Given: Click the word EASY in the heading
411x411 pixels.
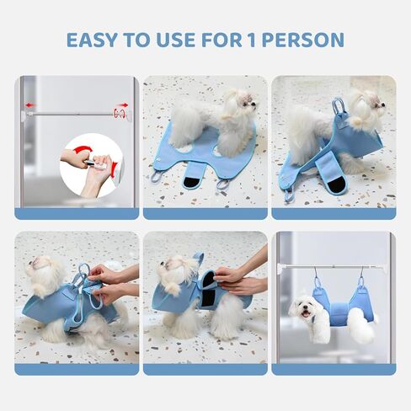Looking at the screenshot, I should point(94,40).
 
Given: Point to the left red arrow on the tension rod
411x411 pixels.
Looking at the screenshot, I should point(31,106).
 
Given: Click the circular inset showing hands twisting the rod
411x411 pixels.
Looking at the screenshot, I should point(91,165).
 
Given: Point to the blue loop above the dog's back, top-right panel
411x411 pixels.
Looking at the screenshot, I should point(339,109).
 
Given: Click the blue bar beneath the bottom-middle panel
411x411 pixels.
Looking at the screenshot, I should point(205,369).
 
